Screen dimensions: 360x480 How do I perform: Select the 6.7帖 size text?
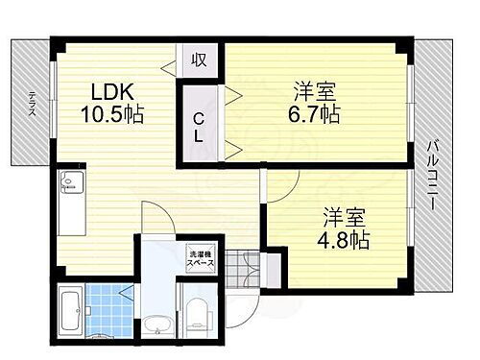[x=316, y=114]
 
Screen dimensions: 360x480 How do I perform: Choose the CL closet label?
[x=198, y=125]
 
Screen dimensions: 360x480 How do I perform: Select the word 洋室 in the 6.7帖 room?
[x=316, y=92]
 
